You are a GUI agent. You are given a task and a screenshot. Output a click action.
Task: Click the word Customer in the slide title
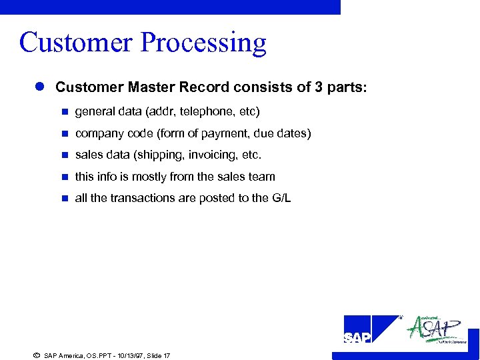[76, 43]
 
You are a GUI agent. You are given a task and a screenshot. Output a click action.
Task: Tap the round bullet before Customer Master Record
[39, 87]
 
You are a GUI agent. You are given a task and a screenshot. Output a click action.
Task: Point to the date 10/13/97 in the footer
[119, 356]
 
